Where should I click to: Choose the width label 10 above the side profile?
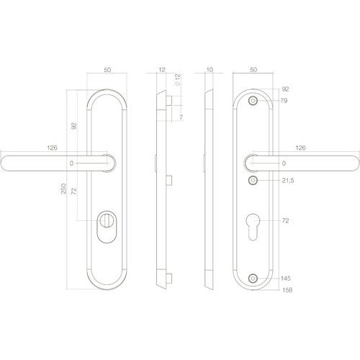coord(210,71)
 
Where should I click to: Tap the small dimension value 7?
coord(181,117)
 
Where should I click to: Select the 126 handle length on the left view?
coord(52,148)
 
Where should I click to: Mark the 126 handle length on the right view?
coord(301,148)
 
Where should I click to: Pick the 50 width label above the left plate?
coord(107,71)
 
